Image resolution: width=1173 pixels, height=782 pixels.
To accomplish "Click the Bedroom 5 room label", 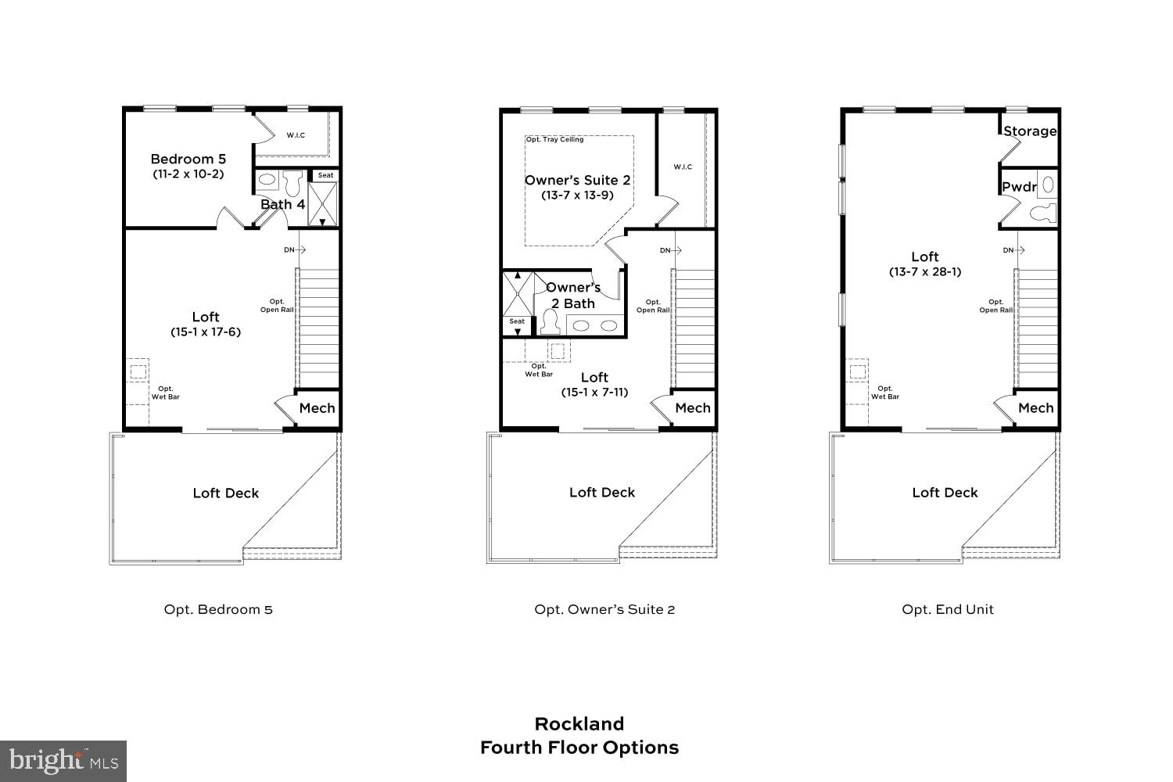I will click(188, 159).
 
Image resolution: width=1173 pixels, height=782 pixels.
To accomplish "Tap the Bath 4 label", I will click(282, 204).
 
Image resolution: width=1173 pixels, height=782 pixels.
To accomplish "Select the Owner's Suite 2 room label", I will click(577, 180).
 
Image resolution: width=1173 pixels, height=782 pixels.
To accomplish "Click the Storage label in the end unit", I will click(1030, 131).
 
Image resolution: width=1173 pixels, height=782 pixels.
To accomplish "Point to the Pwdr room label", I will click(1019, 187).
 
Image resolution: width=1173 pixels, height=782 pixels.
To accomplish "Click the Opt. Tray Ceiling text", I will click(554, 139).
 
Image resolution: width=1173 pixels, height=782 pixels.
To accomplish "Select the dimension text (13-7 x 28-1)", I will click(925, 271).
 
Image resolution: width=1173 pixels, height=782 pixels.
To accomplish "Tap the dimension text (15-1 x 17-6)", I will click(206, 332).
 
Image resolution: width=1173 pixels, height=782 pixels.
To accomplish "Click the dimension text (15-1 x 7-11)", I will click(594, 392).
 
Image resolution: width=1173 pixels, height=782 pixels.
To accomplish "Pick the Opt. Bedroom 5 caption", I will click(218, 609).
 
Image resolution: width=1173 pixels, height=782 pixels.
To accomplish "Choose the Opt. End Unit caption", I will click(948, 609).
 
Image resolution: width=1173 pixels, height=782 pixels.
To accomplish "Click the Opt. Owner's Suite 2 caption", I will click(604, 609).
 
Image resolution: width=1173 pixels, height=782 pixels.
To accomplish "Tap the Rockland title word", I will click(579, 723).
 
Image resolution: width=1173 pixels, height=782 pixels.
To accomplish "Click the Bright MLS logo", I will click(63, 760).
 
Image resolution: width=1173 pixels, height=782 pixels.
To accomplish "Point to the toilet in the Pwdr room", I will click(1041, 212).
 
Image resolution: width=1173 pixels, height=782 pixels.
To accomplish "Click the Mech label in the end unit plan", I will click(1036, 407).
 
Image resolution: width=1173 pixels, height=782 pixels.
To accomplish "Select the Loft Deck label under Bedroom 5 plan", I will click(225, 493).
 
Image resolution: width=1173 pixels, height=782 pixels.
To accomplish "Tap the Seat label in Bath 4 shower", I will click(325, 175).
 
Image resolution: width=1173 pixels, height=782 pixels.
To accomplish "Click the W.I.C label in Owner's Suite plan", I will click(683, 167).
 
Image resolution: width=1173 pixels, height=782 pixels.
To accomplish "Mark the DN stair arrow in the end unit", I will click(1014, 250).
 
